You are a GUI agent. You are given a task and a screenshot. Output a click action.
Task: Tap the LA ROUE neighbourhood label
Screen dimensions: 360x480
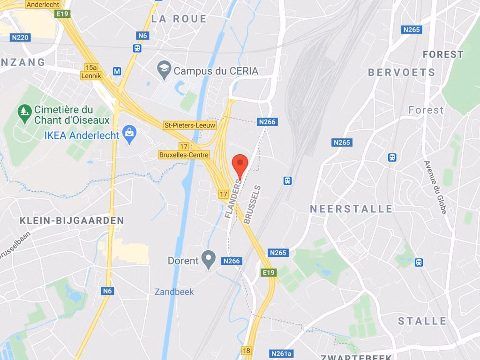point(179,19)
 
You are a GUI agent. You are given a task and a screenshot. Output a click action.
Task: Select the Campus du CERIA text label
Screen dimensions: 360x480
point(216,71)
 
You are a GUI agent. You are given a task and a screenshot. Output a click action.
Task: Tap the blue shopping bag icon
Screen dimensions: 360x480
point(128,134)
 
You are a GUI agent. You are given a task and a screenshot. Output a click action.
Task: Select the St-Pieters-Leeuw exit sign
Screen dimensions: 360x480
point(190,125)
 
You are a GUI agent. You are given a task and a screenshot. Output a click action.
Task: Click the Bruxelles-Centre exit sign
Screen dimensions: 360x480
point(184,155)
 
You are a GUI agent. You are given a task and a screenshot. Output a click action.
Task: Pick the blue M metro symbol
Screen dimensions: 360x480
point(117,71)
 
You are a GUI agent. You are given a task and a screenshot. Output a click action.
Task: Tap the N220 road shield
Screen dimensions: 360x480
point(20,37)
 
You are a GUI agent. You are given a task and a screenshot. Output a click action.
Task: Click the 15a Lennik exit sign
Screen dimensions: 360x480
point(91,71)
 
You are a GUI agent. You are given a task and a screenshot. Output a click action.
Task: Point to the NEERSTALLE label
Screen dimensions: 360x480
point(351,209)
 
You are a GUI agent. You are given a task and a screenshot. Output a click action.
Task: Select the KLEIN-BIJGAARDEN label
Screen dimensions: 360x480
point(72,220)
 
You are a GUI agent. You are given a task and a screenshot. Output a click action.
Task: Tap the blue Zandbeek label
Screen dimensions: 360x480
point(174,292)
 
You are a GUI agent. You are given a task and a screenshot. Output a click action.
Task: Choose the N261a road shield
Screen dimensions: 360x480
point(281,353)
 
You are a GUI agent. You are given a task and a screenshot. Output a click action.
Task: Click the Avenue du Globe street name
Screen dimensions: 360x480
point(435,187)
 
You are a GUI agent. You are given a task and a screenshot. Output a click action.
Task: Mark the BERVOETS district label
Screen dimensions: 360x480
point(402,73)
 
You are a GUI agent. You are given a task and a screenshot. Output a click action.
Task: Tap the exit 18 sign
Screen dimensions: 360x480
point(247,350)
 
